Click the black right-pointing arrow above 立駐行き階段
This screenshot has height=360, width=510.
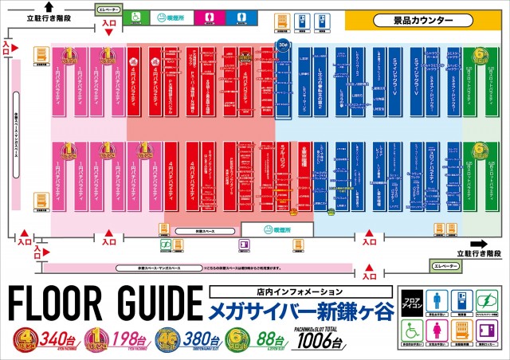477,244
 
